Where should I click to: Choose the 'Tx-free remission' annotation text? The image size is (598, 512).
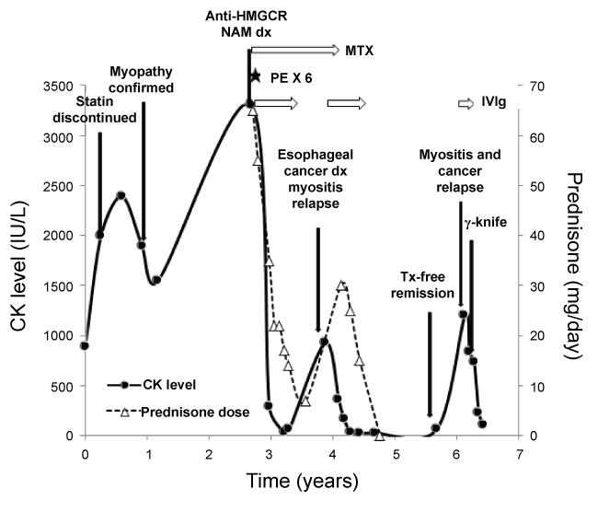click(x=431, y=285)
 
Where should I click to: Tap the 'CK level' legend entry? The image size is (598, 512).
click(x=171, y=384)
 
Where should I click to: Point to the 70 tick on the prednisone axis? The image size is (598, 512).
click(x=534, y=87)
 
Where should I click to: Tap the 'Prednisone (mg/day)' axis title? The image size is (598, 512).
click(x=577, y=261)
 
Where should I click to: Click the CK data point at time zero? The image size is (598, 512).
click(x=85, y=345)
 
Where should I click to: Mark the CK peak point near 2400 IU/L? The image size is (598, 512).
click(x=121, y=195)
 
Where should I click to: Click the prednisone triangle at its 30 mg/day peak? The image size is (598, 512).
click(x=342, y=285)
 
